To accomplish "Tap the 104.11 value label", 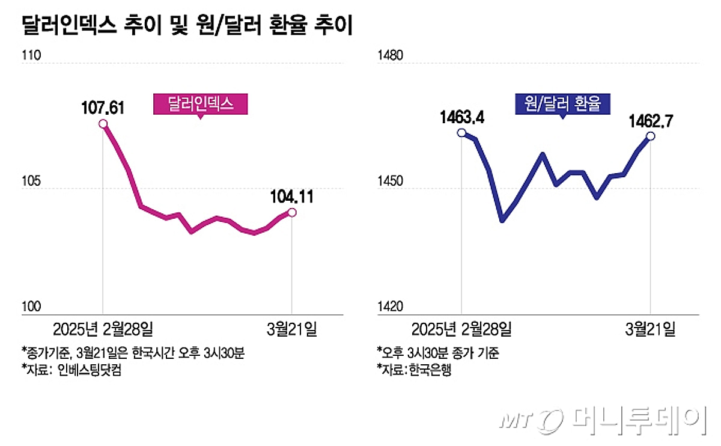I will [x=291, y=196].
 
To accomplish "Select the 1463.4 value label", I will [x=461, y=117].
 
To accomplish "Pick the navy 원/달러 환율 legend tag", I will [x=562, y=104].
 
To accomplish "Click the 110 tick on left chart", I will [x=31, y=57].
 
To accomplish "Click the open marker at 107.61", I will [x=103, y=124].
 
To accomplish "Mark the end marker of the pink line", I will [x=291, y=212].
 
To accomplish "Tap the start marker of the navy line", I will [x=461, y=133].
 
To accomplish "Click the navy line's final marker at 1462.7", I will [x=650, y=136].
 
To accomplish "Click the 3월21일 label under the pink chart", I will [x=291, y=329].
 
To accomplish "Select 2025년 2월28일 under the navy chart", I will [x=461, y=329].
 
